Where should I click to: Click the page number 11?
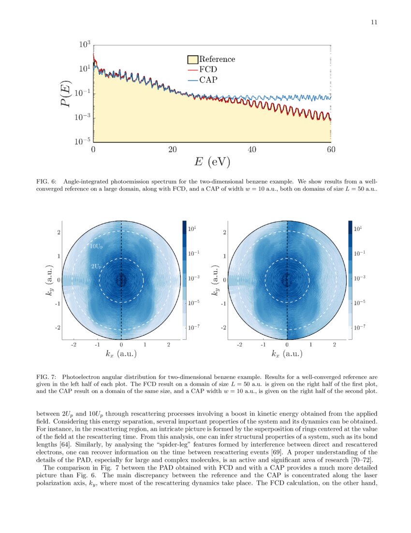(374, 22)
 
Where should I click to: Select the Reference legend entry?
(217, 59)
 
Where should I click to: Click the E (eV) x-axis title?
(212, 162)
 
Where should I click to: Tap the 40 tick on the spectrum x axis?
(251, 150)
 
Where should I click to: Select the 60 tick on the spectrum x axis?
(331, 150)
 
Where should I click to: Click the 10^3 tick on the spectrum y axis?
(85, 45)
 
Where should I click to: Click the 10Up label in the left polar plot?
(96, 246)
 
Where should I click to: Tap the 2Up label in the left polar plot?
(96, 266)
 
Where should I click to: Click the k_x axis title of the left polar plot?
(121, 354)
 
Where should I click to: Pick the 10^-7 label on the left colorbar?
(194, 328)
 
